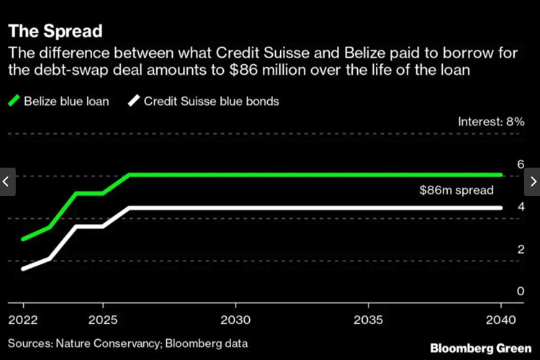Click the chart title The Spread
click(x=55, y=32)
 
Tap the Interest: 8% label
click(x=491, y=122)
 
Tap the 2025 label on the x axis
click(x=103, y=318)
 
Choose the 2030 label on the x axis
click(x=235, y=318)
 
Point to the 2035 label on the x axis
click(x=369, y=318)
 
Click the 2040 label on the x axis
click(x=500, y=318)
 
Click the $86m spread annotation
click(x=456, y=191)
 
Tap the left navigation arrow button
click(x=7, y=181)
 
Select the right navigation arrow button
click(x=532, y=181)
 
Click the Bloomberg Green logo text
click(x=480, y=348)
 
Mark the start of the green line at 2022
click(x=23, y=239)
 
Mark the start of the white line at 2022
click(x=23, y=269)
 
